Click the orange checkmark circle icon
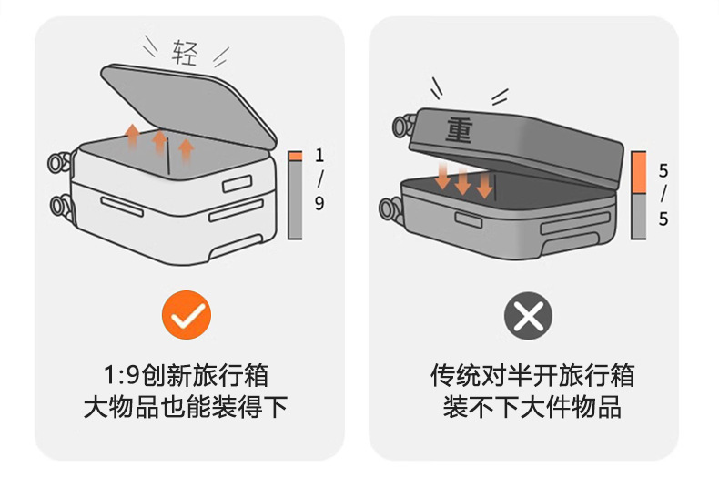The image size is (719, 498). pos(187,316)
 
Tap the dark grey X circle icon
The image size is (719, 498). pos(528,316)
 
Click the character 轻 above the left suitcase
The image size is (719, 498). pos(184,54)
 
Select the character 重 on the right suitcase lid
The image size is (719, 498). pos(459,129)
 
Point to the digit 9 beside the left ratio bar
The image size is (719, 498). pos(319,203)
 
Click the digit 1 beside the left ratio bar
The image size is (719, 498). pos(319,156)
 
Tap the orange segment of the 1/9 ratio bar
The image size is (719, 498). pos(295,157)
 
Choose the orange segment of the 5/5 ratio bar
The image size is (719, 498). pos(638,173)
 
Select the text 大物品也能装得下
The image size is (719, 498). pos(186,407)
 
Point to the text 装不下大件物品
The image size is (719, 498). pos(532,407)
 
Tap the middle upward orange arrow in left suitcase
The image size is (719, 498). pos(159,141)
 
